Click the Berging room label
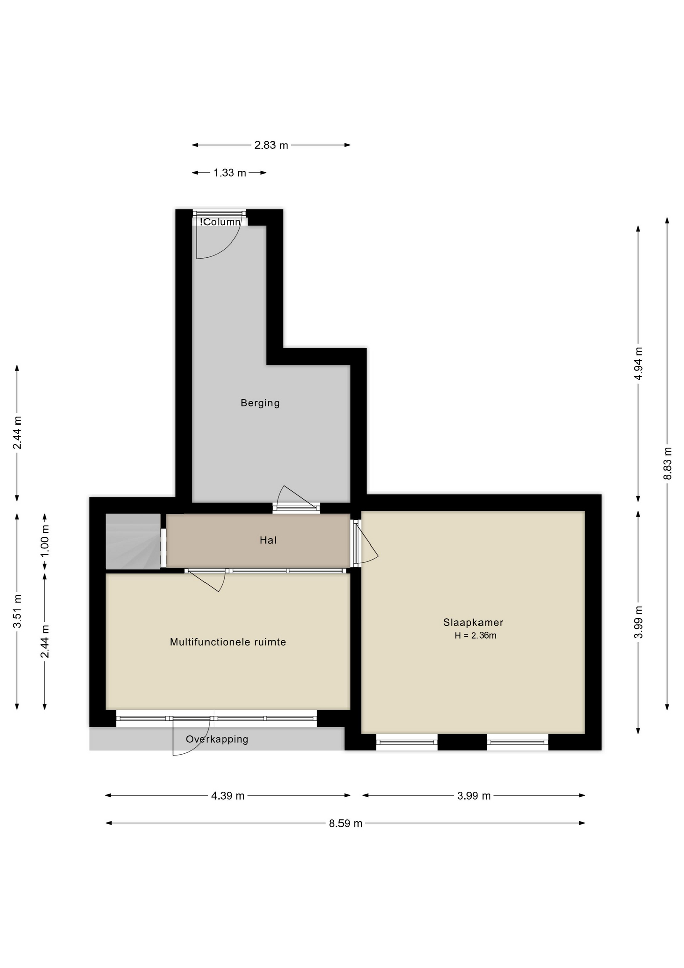(260, 403)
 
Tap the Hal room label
(268, 540)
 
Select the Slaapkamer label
(473, 623)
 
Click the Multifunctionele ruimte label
(228, 642)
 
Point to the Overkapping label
(217, 739)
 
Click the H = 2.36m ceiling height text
(475, 636)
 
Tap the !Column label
(220, 222)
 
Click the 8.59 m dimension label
(346, 823)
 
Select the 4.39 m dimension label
(228, 796)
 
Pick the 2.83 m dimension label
(271, 145)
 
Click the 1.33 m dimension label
(230, 173)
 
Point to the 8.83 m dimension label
(667, 464)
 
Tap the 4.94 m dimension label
(638, 364)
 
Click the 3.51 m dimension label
(17, 612)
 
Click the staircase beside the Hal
(133, 541)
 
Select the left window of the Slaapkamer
(407, 742)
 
